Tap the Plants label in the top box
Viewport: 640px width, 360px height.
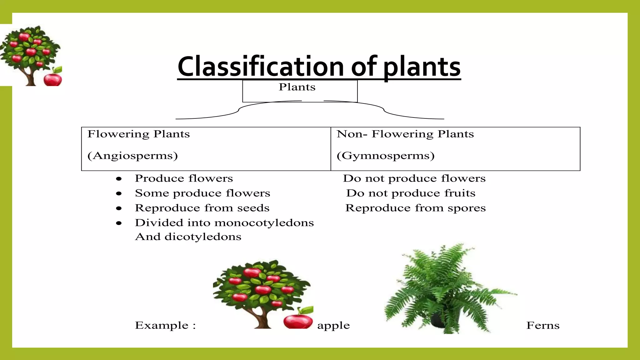pyautogui.click(x=297, y=87)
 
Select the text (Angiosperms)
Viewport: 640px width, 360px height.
pyautogui.click(x=132, y=156)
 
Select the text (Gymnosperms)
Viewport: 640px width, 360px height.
pyautogui.click(x=385, y=156)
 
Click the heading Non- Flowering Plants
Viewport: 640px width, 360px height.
pyautogui.click(x=405, y=134)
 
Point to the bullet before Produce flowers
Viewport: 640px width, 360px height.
pyautogui.click(x=119, y=179)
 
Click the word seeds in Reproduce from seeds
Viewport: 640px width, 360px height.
pyautogui.click(x=253, y=208)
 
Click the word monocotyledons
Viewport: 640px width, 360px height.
pyautogui.click(x=265, y=223)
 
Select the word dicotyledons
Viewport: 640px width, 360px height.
pyautogui.click(x=203, y=237)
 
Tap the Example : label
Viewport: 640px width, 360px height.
pyautogui.click(x=165, y=326)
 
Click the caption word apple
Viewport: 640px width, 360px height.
pyautogui.click(x=333, y=326)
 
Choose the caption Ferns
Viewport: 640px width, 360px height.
pyautogui.click(x=543, y=326)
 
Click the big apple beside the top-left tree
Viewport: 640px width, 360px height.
pyautogui.click(x=52, y=79)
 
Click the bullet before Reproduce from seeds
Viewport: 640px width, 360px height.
pyautogui.click(x=119, y=208)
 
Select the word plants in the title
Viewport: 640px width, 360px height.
pyautogui.click(x=422, y=67)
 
